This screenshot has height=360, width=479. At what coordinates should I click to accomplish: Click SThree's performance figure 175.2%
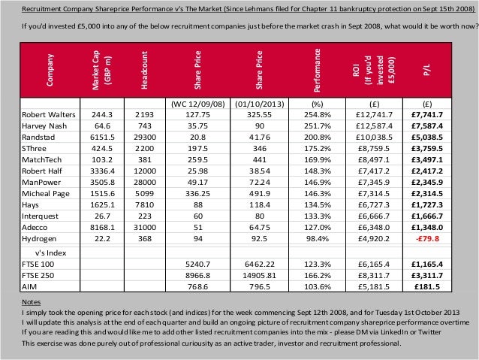point(318,150)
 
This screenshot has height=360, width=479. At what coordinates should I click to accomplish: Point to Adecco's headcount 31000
point(146,227)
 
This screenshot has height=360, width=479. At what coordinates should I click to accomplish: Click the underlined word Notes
point(31,301)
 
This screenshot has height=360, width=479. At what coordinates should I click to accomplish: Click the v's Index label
point(47,252)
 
